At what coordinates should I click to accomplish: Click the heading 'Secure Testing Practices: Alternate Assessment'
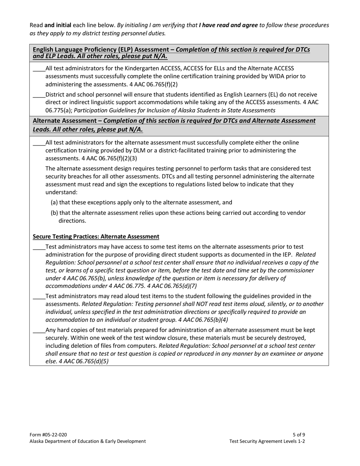(x=96, y=236)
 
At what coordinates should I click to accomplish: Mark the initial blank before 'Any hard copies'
(x=39, y=331)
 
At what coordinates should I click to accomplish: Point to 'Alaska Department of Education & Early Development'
(x=88, y=441)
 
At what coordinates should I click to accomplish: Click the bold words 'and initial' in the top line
(x=58, y=25)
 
